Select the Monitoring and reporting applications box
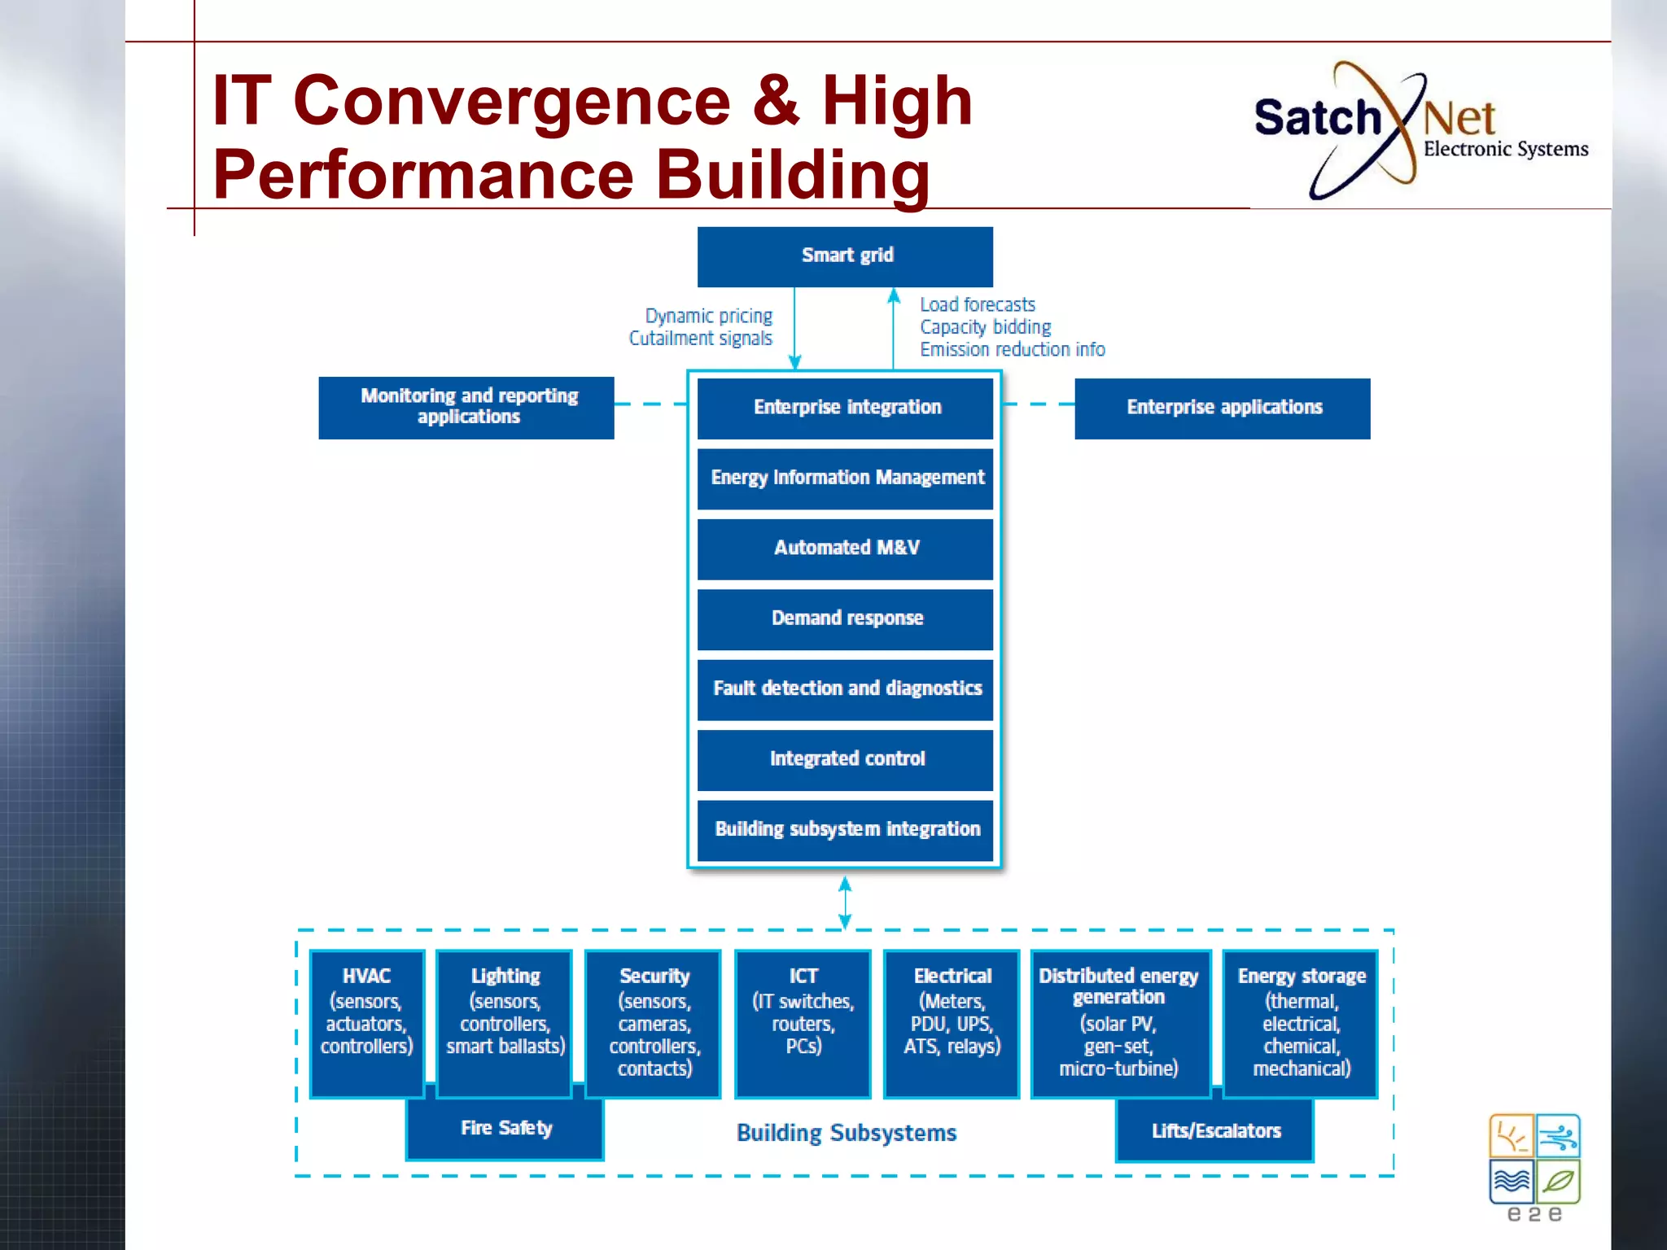point(466,407)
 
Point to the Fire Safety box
point(505,1130)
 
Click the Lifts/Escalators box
point(1215,1131)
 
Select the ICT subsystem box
point(803,1023)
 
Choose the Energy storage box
point(1301,1023)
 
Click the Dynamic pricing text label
point(708,316)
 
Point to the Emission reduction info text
point(1012,350)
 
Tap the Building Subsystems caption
point(846,1133)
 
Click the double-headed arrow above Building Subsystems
point(845,902)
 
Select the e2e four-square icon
point(1534,1160)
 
